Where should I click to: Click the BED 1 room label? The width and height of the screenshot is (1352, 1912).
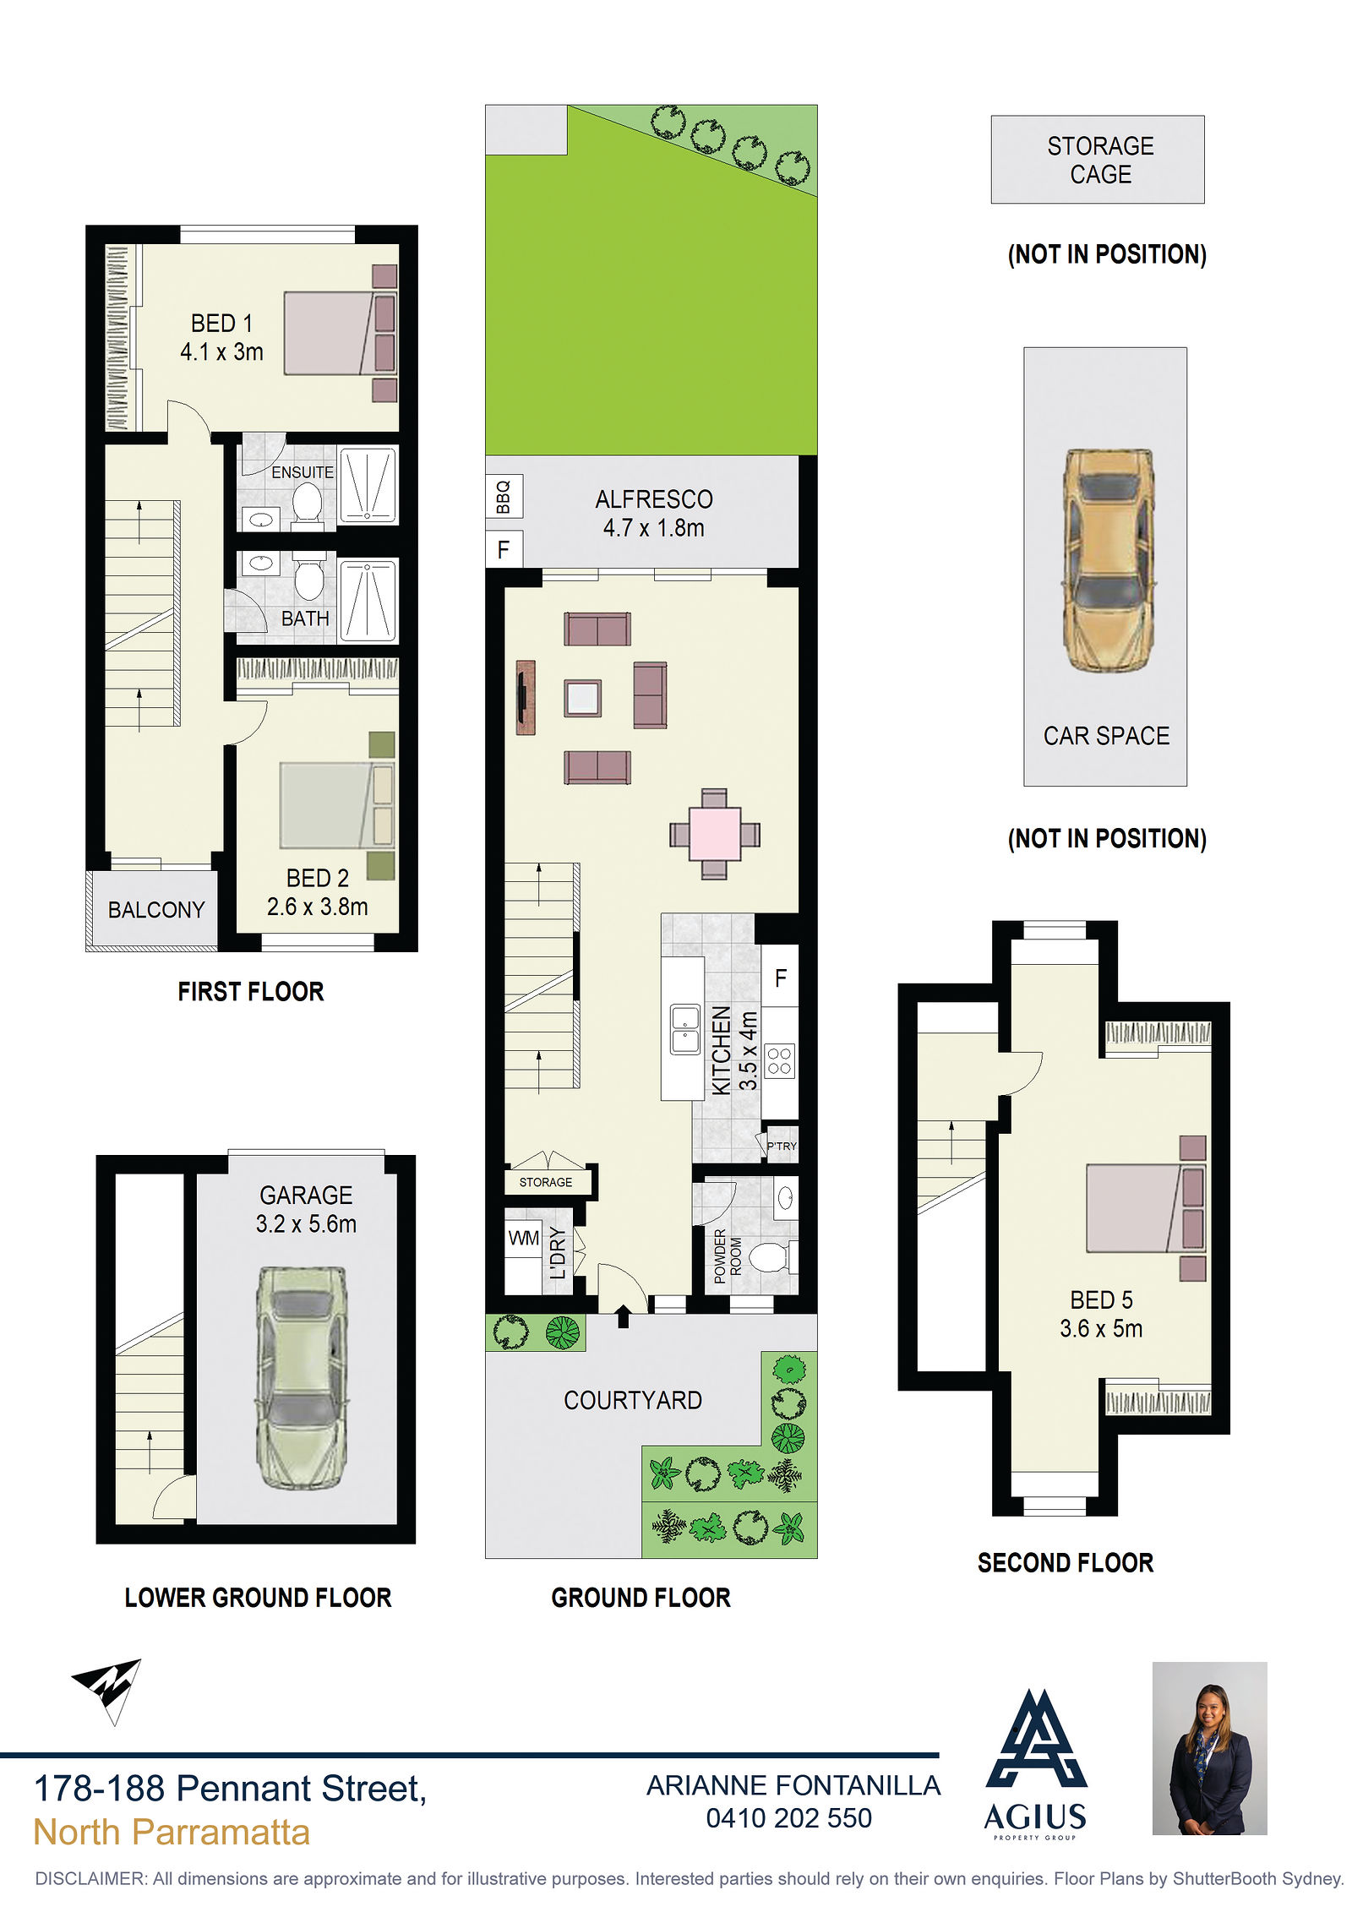click(x=221, y=324)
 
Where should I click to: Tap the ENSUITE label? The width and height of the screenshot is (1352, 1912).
click(x=303, y=472)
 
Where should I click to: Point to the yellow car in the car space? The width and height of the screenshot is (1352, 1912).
click(x=1107, y=560)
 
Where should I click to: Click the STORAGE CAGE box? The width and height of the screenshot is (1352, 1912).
click(x=1098, y=160)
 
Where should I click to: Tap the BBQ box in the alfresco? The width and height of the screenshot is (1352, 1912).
click(x=504, y=496)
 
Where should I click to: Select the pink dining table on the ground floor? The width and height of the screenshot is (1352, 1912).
click(x=715, y=834)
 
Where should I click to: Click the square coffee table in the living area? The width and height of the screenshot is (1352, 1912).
click(x=583, y=698)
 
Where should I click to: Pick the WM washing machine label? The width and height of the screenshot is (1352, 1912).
click(x=523, y=1238)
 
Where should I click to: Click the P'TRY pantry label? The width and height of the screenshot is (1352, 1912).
click(x=782, y=1146)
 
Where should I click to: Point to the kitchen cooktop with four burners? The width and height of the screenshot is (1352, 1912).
click(x=780, y=1061)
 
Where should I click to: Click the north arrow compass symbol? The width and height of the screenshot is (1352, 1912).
click(x=107, y=1690)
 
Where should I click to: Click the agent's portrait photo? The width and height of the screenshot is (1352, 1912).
click(x=1209, y=1748)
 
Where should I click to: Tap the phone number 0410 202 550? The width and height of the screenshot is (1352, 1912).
click(x=788, y=1817)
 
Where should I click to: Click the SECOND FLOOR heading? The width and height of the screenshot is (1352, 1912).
click(x=1066, y=1562)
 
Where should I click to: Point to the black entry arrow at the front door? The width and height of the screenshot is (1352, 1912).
click(x=623, y=1316)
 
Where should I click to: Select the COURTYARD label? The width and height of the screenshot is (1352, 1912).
click(x=633, y=1400)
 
